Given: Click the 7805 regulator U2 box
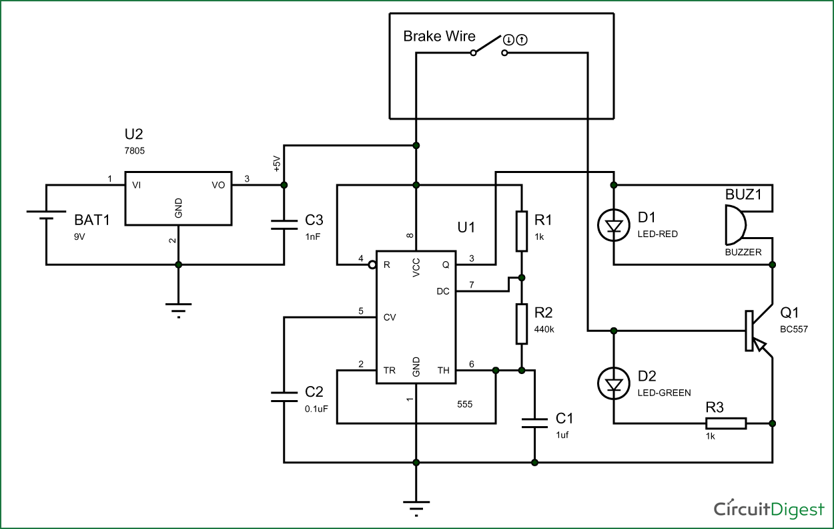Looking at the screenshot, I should [x=177, y=198].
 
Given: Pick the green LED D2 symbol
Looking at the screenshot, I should [x=613, y=384].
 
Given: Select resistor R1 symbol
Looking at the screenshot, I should [x=522, y=230].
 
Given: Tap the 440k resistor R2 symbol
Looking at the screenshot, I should [x=522, y=324].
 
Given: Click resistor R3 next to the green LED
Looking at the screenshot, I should [x=726, y=423].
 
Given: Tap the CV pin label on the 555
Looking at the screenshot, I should [x=390, y=317].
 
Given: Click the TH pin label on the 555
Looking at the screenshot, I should [x=443, y=370].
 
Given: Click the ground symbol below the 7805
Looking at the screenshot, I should [x=177, y=309].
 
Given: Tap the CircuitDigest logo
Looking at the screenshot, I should [x=769, y=509].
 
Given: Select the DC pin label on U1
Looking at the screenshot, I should [x=443, y=291].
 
